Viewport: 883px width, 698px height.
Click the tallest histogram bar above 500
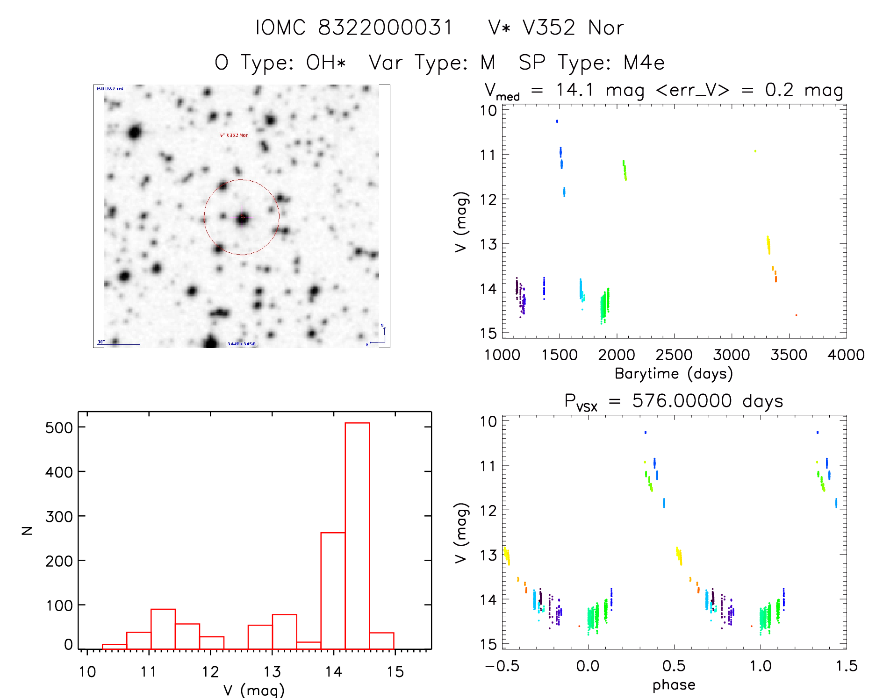point(357,535)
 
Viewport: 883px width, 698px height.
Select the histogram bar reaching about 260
point(333,591)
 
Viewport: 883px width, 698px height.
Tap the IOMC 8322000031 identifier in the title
point(354,28)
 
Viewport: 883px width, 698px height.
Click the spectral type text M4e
point(644,63)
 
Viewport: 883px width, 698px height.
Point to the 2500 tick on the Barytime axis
point(674,355)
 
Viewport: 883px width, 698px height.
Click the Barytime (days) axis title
point(674,374)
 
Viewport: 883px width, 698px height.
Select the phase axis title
point(674,685)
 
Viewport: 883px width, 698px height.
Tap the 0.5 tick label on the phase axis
point(674,666)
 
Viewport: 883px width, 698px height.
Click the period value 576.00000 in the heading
point(682,401)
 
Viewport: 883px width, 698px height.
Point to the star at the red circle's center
point(242,218)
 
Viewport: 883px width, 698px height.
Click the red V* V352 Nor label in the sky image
point(234,135)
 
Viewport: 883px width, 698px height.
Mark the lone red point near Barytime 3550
point(796,315)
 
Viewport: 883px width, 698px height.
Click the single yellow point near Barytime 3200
point(755,151)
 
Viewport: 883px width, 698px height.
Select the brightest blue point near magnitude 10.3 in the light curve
point(557,121)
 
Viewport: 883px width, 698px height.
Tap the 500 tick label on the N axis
point(59,427)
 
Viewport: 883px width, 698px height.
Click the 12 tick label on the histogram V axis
point(210,672)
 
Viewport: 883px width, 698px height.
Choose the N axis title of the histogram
point(27,530)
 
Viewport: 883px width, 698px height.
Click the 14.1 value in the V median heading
point(574,90)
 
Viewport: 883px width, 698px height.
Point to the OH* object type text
point(326,63)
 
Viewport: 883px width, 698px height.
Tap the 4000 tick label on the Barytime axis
point(846,355)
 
